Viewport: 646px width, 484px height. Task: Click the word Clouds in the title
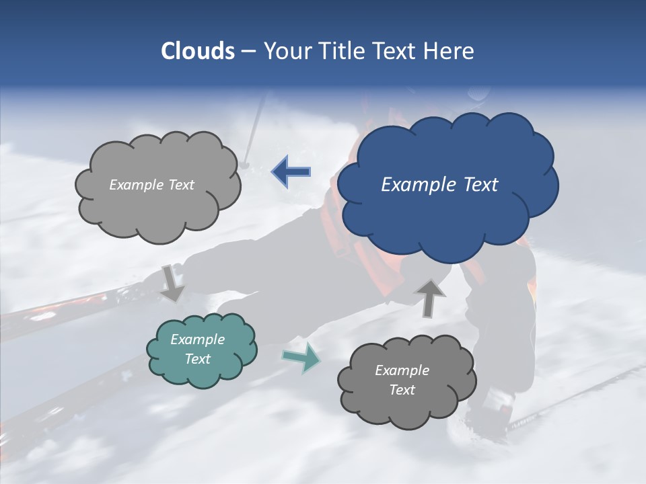pos(197,51)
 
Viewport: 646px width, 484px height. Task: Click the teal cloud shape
pos(202,350)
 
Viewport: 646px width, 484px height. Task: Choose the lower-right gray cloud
pos(406,380)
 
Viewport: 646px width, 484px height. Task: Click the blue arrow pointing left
pos(291,172)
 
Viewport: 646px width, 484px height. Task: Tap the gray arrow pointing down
pos(172,282)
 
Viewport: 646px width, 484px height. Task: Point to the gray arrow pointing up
pos(430,296)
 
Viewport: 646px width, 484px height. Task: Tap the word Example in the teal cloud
pos(198,339)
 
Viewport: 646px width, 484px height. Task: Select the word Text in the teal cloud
pos(198,359)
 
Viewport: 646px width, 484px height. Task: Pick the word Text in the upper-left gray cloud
pos(181,184)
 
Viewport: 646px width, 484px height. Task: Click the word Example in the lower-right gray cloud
pos(402,370)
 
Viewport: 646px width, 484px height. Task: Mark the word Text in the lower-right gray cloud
pos(402,390)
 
